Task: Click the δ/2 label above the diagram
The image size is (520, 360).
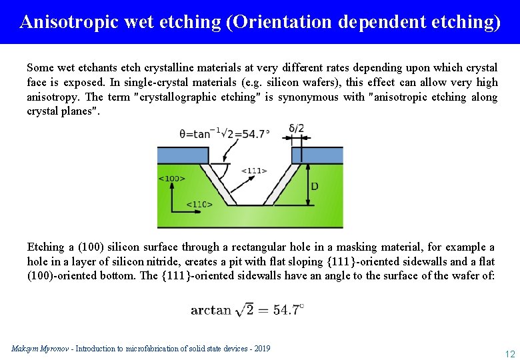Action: (296, 128)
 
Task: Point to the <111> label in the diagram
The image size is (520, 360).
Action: (254, 170)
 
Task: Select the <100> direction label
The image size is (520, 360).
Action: (172, 178)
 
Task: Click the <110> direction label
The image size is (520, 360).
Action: (199, 204)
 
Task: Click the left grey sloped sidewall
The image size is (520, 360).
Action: (215, 183)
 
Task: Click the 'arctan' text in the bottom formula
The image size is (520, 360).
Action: (211, 309)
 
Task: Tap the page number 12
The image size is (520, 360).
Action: (509, 353)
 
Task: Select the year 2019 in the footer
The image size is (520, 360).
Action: (261, 349)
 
